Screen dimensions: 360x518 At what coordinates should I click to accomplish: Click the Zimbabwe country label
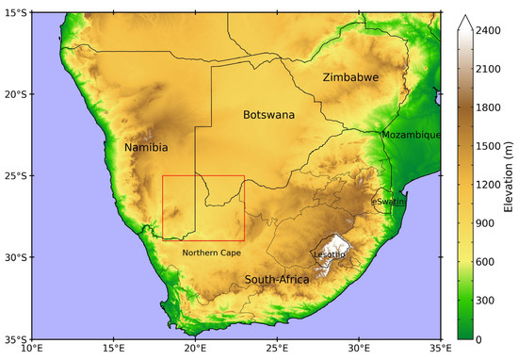[x=349, y=77]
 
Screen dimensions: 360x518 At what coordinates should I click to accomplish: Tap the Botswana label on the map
[x=268, y=115]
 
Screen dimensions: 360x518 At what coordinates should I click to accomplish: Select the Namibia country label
[x=146, y=147]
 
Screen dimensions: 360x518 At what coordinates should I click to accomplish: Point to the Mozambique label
[x=412, y=135]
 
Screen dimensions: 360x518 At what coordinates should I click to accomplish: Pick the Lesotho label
[x=329, y=254]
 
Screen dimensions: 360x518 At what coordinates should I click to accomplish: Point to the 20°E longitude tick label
[x=195, y=351]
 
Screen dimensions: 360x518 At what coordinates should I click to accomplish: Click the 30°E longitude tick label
[x=359, y=351]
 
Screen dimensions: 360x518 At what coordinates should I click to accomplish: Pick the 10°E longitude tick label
[x=31, y=351]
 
